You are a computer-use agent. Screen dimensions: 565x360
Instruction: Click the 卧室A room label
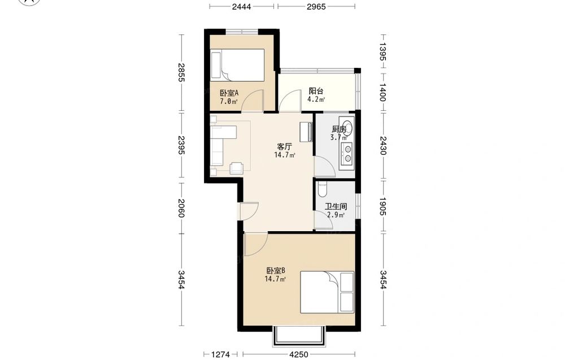(229, 93)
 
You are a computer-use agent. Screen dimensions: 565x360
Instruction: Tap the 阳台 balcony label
(316, 91)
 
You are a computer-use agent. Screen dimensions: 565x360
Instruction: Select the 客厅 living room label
(284, 147)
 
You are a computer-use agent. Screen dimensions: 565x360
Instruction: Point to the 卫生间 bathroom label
(336, 207)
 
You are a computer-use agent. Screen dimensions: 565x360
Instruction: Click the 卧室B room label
(276, 270)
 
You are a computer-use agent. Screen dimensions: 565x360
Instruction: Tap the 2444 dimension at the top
(241, 6)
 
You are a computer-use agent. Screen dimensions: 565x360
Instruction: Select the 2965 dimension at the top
(316, 6)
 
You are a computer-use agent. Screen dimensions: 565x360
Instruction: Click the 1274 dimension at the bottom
(220, 354)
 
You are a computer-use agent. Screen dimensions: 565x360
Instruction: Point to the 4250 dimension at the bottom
(299, 354)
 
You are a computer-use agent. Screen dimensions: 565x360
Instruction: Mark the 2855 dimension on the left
(181, 72)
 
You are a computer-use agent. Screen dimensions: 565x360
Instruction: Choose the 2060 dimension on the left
(181, 209)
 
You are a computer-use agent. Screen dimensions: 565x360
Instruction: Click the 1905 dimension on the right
(383, 206)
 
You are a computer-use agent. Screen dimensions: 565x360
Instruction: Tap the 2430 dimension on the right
(383, 146)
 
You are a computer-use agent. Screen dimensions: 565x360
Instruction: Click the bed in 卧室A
(238, 65)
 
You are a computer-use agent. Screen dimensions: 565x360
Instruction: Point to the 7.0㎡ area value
(229, 101)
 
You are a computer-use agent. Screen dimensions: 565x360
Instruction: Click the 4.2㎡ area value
(316, 99)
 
